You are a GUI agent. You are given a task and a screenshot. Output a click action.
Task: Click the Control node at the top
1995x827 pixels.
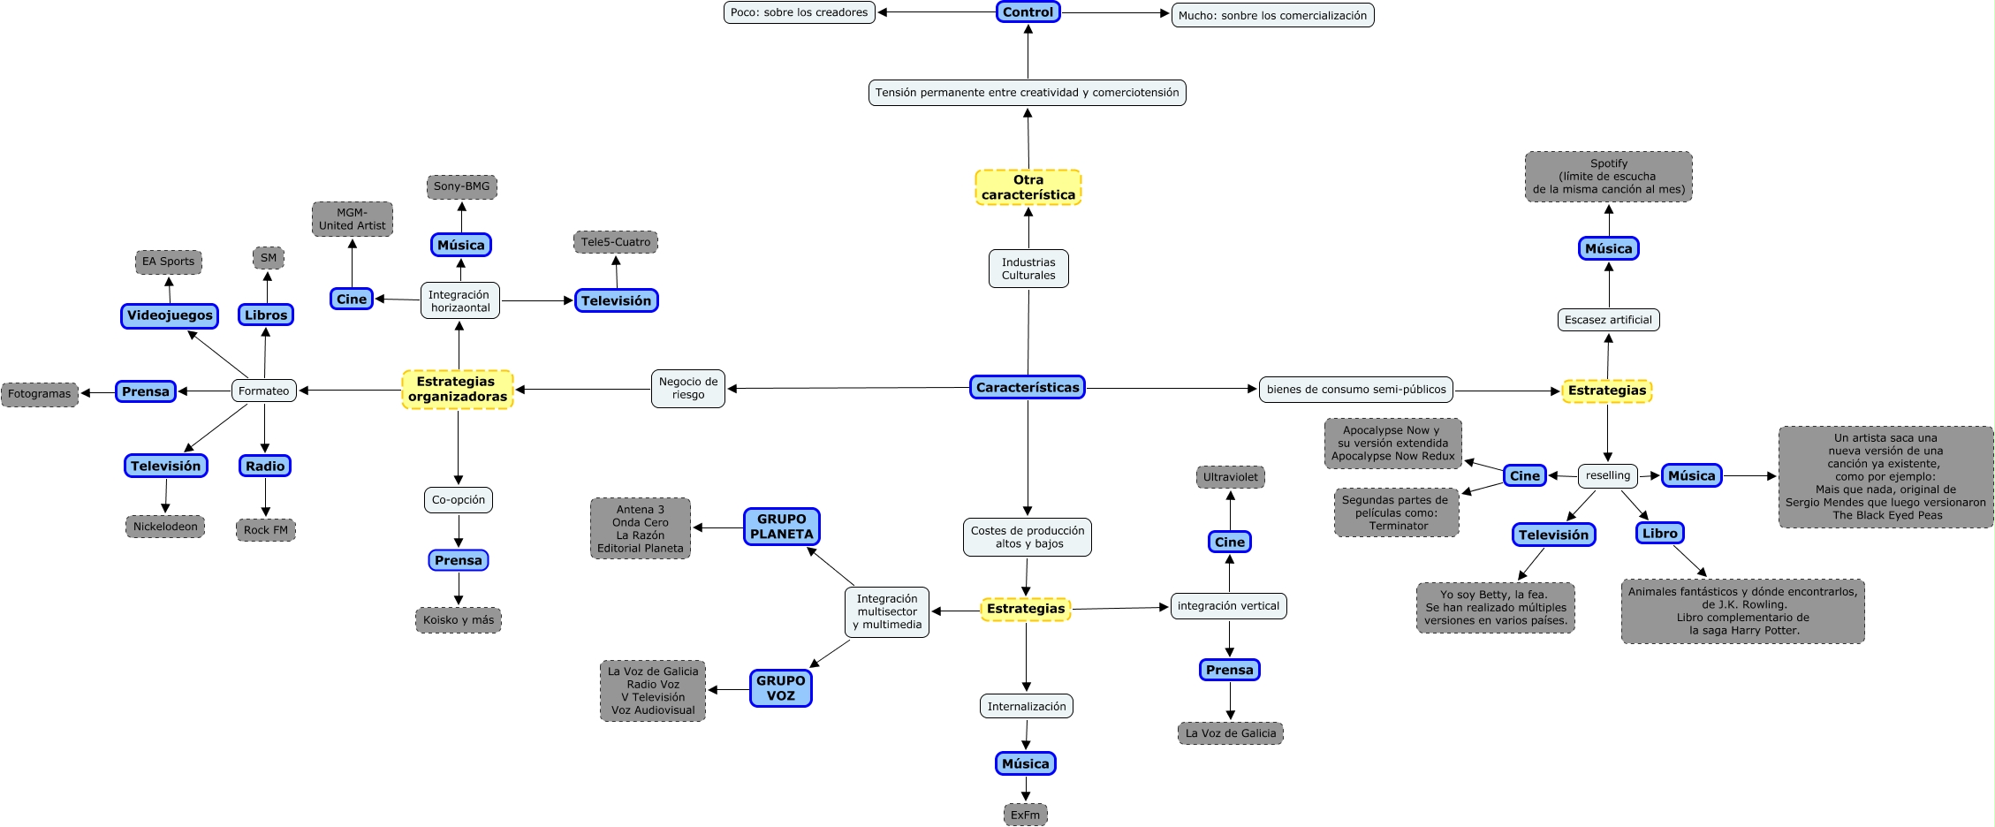click(1028, 12)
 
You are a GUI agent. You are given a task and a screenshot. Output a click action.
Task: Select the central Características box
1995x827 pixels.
click(1027, 387)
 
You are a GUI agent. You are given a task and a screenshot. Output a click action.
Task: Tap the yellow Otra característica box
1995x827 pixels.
click(1028, 187)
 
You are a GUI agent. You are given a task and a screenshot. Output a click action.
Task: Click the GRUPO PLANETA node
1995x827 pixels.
click(781, 527)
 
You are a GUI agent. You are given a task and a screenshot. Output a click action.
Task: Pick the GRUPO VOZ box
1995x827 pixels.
click(780, 688)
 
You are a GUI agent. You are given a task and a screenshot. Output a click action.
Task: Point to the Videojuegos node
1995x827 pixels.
click(170, 315)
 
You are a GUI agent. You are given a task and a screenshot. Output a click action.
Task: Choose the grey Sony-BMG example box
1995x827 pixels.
click(461, 186)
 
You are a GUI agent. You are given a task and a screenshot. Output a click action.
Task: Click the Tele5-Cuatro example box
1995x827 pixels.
click(615, 242)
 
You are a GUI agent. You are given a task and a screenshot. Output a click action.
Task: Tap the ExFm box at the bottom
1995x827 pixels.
click(1025, 815)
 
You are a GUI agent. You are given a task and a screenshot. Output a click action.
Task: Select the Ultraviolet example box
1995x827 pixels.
click(1230, 477)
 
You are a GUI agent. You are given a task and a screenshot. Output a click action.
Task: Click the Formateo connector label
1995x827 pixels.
click(263, 391)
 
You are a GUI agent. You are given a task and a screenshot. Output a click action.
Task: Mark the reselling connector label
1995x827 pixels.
click(1607, 475)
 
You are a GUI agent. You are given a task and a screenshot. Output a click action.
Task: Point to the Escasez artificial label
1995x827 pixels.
click(1607, 320)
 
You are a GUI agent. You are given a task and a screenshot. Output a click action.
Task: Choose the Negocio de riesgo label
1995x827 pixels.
click(687, 388)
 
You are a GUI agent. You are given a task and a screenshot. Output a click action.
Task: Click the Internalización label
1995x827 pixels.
click(1026, 706)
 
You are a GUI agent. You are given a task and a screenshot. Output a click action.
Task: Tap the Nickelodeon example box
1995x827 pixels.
click(165, 527)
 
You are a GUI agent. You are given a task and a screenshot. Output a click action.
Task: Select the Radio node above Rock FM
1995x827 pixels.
click(265, 466)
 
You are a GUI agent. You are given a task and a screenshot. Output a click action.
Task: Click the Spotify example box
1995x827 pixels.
click(1608, 177)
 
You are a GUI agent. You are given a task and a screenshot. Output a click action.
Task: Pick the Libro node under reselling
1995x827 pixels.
click(1659, 533)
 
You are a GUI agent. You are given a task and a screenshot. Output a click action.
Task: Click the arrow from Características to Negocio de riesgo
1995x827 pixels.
click(848, 388)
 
